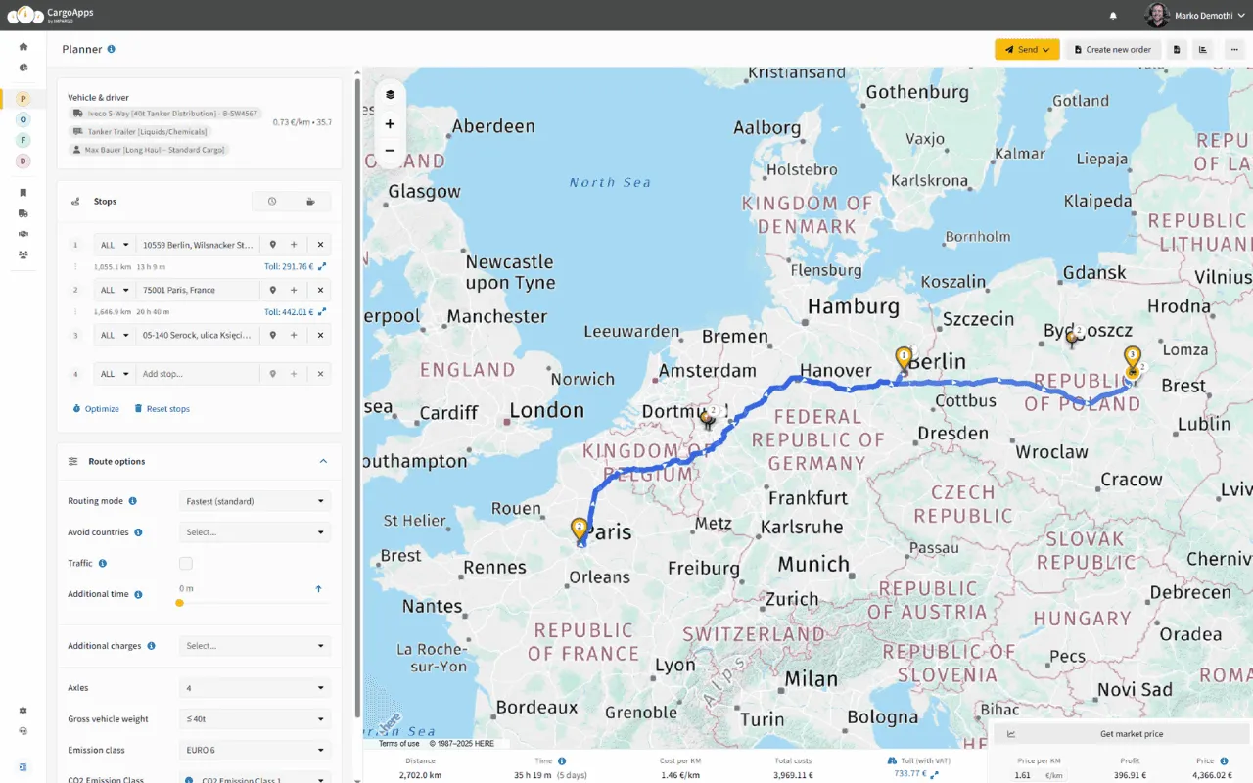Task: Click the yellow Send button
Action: tap(1026, 49)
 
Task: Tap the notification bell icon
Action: tap(1113, 16)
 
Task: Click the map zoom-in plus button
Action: tap(390, 124)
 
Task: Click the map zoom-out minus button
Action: tap(390, 151)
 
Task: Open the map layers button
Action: tap(390, 95)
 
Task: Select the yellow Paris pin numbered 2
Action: tap(580, 530)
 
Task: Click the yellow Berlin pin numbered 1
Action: tap(904, 359)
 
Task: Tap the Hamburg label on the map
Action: tap(853, 306)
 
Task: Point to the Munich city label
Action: tap(813, 564)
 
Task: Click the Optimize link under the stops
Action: tap(96, 409)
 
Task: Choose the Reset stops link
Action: tap(162, 409)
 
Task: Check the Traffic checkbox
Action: tap(186, 564)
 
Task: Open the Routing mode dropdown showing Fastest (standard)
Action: tap(255, 501)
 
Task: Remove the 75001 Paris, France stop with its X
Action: tap(320, 290)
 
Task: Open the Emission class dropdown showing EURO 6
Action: tap(255, 750)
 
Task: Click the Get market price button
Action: tap(1117, 734)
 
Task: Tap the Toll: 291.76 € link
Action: tap(289, 266)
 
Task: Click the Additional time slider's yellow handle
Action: tap(179, 603)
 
